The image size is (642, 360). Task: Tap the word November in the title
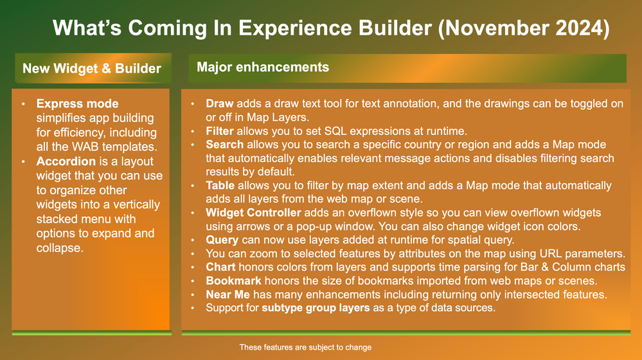pyautogui.click(x=497, y=28)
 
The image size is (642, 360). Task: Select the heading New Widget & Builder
pyautogui.click(x=92, y=68)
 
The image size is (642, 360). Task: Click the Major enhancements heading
pyautogui.click(x=263, y=67)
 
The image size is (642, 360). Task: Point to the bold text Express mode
pyautogui.click(x=77, y=104)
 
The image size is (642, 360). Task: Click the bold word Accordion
pyautogui.click(x=66, y=161)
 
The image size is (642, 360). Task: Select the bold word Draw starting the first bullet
pyautogui.click(x=219, y=104)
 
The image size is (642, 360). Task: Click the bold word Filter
pyautogui.click(x=219, y=131)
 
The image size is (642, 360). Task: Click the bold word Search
pyautogui.click(x=225, y=145)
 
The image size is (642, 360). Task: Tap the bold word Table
pyautogui.click(x=220, y=186)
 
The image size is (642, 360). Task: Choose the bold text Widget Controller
pyautogui.click(x=253, y=213)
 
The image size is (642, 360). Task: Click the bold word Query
pyautogui.click(x=222, y=240)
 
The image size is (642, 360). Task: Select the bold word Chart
pyautogui.click(x=220, y=267)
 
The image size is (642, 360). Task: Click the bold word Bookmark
pyautogui.click(x=233, y=281)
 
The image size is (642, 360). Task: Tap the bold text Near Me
pyautogui.click(x=228, y=294)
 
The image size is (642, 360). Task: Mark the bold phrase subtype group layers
pyautogui.click(x=316, y=308)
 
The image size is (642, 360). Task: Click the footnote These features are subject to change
pyautogui.click(x=305, y=347)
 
